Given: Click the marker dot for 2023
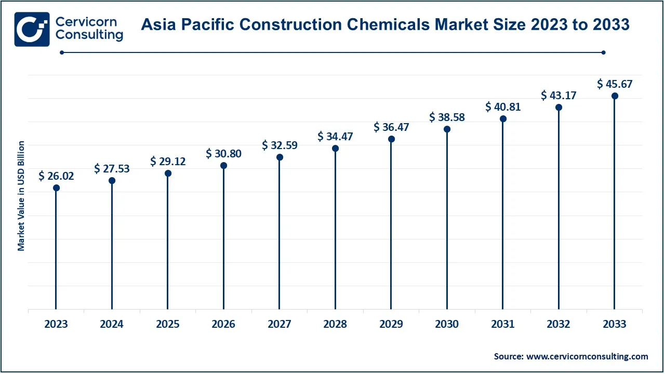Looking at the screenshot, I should [56, 188].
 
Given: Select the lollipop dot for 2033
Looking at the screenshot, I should [615, 96].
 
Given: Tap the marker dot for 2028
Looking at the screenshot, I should [336, 149].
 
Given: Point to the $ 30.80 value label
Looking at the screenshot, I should [223, 153].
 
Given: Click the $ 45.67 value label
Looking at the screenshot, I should [615, 84].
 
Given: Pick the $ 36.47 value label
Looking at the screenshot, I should [391, 127].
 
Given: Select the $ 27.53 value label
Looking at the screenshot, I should [112, 168].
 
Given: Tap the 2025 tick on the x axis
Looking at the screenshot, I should [168, 324].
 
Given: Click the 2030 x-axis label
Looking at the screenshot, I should [447, 324].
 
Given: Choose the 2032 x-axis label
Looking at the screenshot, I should [558, 324].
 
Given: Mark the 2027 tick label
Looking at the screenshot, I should [280, 324].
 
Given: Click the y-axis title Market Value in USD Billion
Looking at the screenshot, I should [21, 196].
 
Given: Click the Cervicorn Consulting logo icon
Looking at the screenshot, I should [32, 29].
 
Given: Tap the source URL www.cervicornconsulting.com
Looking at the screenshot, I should [587, 356].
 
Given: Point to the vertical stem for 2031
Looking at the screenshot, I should [503, 218].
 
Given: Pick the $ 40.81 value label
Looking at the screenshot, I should [503, 107].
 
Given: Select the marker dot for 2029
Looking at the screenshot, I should [391, 139].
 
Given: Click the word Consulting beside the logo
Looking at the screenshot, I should [89, 35].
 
